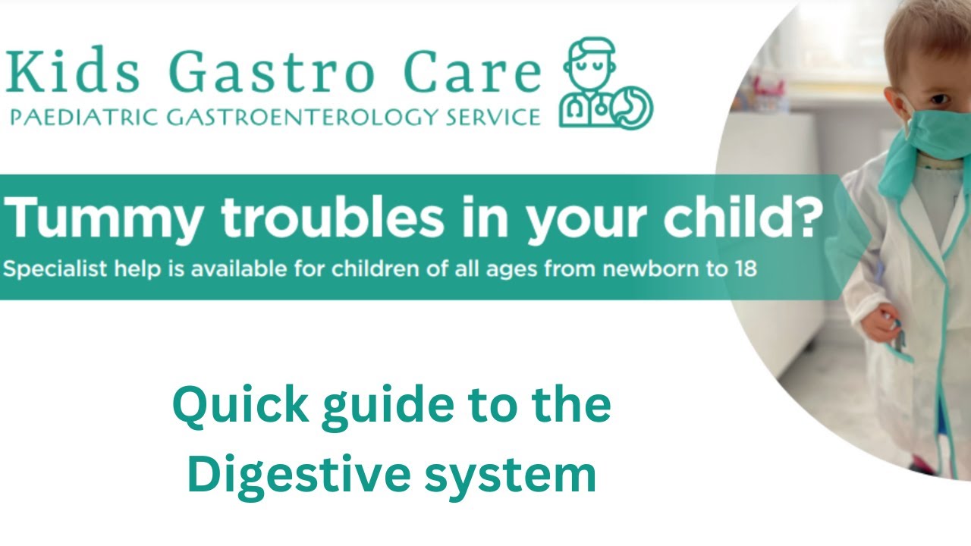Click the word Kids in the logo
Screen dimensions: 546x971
72,72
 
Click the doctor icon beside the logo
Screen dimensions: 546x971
605,85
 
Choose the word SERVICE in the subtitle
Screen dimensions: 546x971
493,118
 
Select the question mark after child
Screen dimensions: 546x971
809,217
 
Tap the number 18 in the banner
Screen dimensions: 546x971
743,269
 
